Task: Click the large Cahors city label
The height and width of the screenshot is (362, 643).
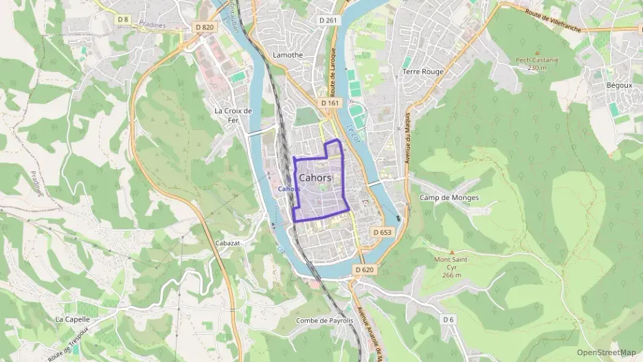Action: pyautogui.click(x=316, y=177)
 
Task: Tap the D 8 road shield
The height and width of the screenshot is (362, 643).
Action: pyautogui.click(x=123, y=19)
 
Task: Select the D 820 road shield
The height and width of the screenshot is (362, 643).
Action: pyautogui.click(x=205, y=27)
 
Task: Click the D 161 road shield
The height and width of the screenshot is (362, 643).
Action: pyautogui.click(x=330, y=103)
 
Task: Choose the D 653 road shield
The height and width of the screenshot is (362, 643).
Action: pyautogui.click(x=382, y=232)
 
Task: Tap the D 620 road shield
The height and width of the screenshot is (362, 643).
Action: pyautogui.click(x=364, y=269)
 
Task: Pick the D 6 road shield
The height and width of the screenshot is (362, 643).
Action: pyautogui.click(x=448, y=319)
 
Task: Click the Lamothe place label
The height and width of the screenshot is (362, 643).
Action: pyautogui.click(x=288, y=54)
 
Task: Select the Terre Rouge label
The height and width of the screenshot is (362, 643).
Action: pyautogui.click(x=423, y=71)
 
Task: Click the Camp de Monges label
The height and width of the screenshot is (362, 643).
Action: pyautogui.click(x=449, y=198)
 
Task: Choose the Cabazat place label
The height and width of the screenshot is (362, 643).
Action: pyautogui.click(x=227, y=243)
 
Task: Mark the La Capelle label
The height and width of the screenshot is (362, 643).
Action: pyautogui.click(x=71, y=319)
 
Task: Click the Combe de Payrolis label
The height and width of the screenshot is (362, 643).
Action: pyautogui.click(x=324, y=320)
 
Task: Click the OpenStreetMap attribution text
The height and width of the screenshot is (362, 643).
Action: pyautogui.click(x=606, y=352)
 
